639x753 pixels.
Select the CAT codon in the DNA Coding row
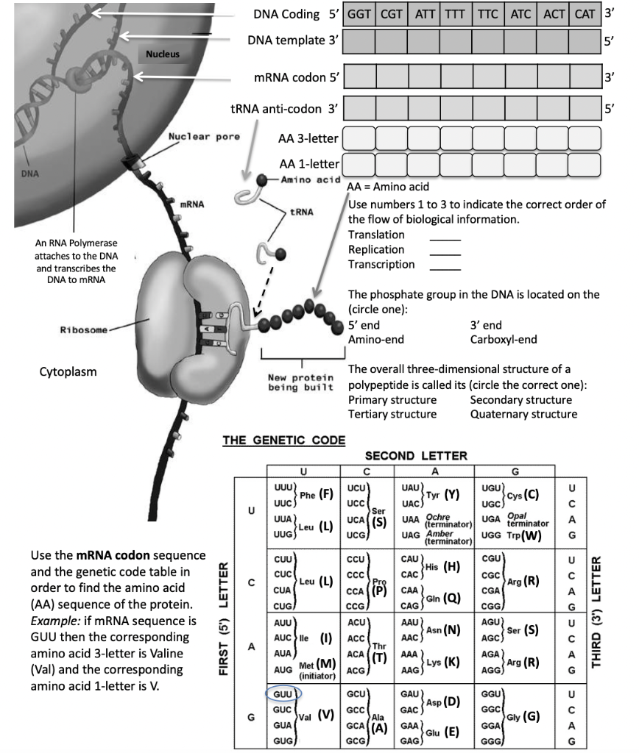(x=585, y=14)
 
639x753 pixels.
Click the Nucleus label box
(x=162, y=54)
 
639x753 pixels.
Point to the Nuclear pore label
(x=204, y=137)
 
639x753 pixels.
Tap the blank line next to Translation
(x=445, y=236)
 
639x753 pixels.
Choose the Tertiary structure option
(x=392, y=414)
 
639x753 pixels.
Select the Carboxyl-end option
(x=504, y=339)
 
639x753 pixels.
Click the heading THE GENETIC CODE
(x=283, y=440)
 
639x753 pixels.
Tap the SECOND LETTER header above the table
(x=416, y=456)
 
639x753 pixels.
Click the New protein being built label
(x=297, y=382)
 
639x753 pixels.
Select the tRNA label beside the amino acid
(x=302, y=212)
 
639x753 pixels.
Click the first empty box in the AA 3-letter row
(x=360, y=138)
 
